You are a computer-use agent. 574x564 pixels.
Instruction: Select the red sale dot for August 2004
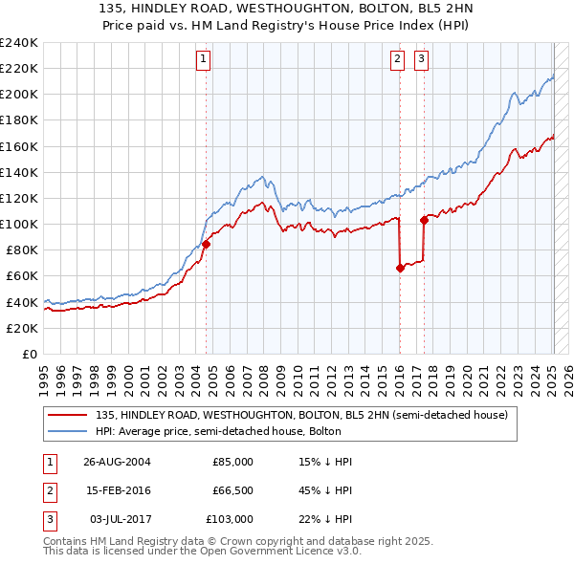[206, 244]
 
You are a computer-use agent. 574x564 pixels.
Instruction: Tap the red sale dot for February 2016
[400, 268]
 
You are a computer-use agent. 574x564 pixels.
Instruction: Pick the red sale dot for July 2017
[424, 220]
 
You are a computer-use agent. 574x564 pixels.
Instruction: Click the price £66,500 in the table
[232, 490]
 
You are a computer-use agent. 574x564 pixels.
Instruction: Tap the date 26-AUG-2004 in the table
[117, 462]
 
